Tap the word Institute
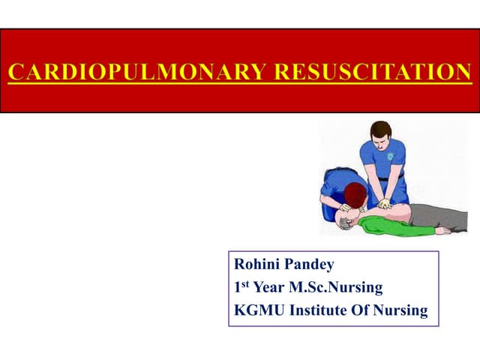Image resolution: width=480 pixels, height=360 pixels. point(316,308)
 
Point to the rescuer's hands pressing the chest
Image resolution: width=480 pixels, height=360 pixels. point(384,203)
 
